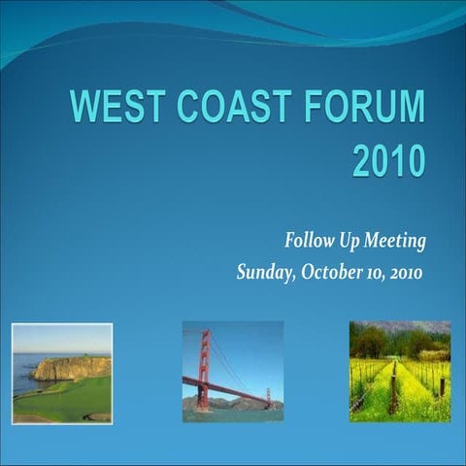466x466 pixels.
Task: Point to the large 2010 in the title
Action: click(387, 160)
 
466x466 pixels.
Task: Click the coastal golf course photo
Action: click(61, 374)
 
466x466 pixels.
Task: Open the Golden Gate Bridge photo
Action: click(233, 372)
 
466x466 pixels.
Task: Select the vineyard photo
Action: click(400, 372)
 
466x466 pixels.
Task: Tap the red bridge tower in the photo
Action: click(203, 369)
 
